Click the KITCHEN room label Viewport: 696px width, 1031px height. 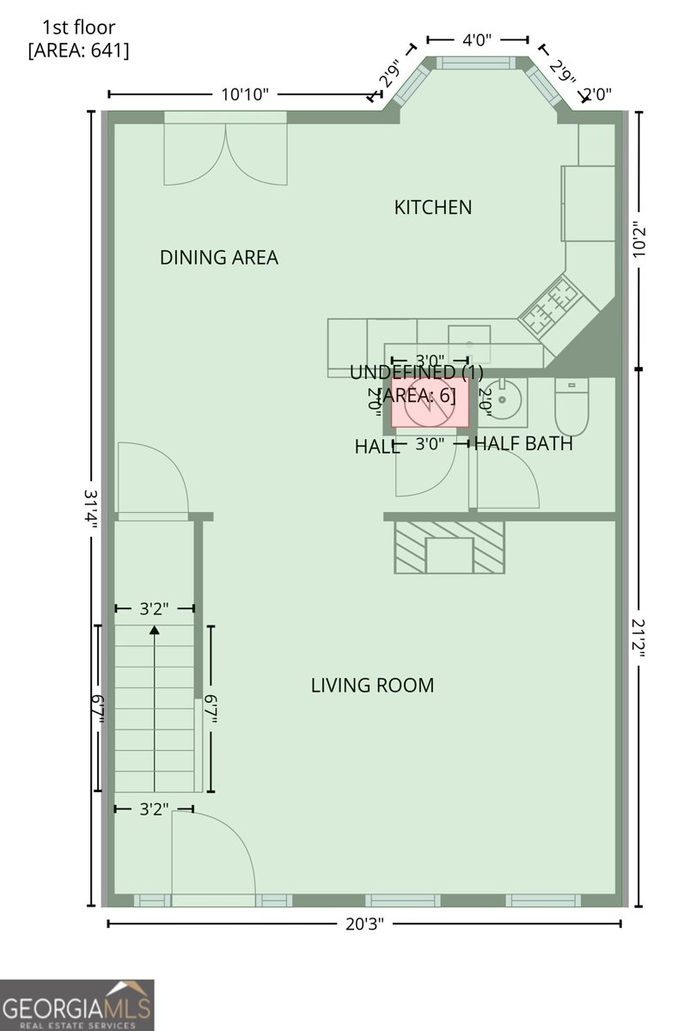click(x=433, y=207)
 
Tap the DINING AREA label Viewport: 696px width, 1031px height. click(x=219, y=258)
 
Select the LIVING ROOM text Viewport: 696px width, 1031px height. click(x=372, y=686)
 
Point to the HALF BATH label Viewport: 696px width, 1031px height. click(x=523, y=444)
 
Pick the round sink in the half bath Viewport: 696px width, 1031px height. click(x=503, y=401)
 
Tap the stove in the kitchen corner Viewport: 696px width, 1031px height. click(x=551, y=305)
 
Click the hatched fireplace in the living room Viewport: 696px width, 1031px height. click(x=449, y=546)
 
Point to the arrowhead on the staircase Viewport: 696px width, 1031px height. click(x=155, y=631)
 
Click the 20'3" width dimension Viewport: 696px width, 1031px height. click(x=363, y=924)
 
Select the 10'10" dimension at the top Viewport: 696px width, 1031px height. click(x=245, y=95)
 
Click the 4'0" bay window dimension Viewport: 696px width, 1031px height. click(x=478, y=40)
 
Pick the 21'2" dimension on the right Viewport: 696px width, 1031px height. click(x=638, y=636)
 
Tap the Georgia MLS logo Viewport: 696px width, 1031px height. click(x=77, y=1004)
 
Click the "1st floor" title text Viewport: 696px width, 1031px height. click(x=78, y=28)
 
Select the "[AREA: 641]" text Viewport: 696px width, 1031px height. click(x=78, y=51)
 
